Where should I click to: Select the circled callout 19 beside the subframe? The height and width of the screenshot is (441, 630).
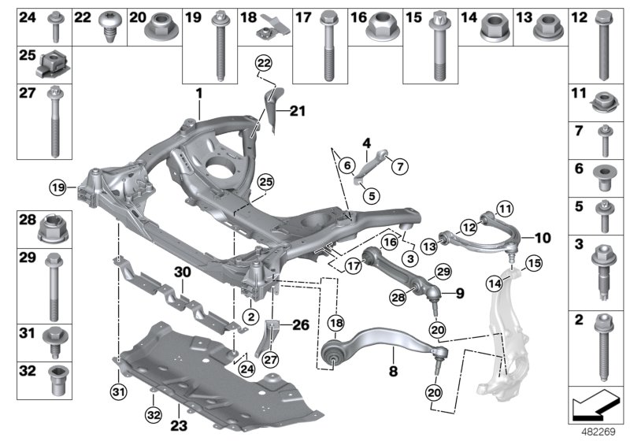click(x=56, y=187)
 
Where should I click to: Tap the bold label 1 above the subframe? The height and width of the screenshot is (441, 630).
click(x=200, y=93)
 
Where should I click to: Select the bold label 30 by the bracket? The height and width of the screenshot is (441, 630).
click(x=183, y=272)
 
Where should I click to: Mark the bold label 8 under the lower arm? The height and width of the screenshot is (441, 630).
click(x=392, y=366)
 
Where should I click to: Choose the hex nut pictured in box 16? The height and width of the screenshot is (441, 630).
click(x=375, y=30)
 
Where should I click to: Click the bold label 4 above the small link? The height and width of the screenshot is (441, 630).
click(x=366, y=143)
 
